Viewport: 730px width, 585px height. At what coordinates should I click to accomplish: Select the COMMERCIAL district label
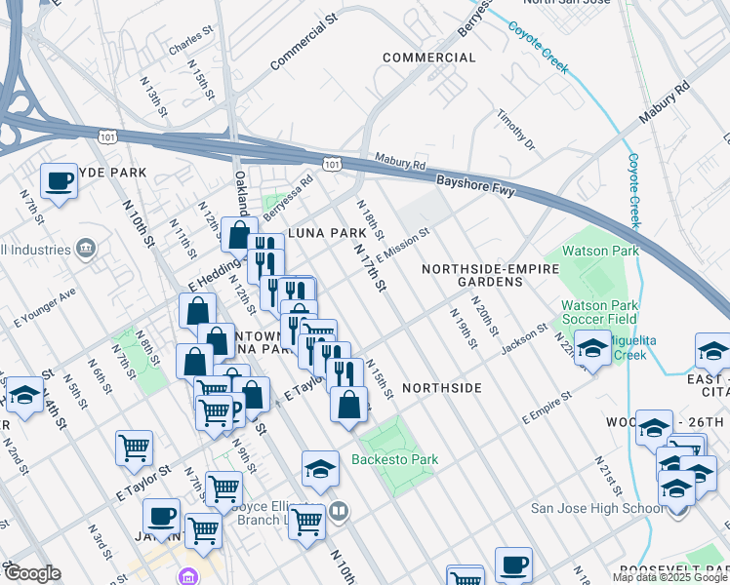pos(428,58)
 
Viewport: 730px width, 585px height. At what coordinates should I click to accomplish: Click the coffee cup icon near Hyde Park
pos(60,180)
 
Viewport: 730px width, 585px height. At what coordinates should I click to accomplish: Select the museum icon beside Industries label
pos(85,248)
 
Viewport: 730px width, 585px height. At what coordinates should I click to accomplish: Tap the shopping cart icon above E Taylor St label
pos(134,448)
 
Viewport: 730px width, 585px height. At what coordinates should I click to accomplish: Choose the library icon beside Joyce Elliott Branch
pos(338,509)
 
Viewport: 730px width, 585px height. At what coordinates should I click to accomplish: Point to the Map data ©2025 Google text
pos(669,577)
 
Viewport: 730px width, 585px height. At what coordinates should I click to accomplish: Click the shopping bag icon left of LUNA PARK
pos(239,235)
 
